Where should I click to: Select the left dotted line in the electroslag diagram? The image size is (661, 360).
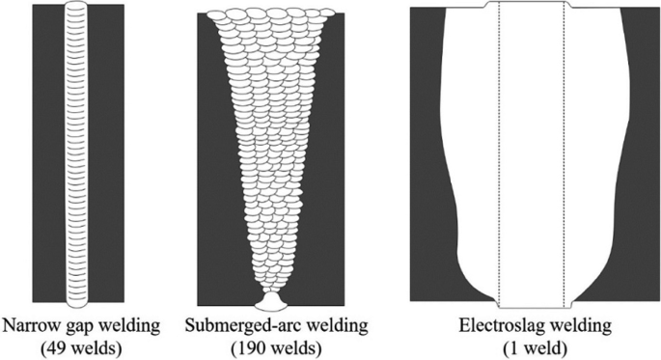pos(498,154)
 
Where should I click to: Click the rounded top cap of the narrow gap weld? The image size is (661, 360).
pos(75,10)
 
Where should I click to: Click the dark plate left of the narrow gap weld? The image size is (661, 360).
pos(46,154)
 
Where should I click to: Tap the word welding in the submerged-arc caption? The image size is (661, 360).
pos(314,324)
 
